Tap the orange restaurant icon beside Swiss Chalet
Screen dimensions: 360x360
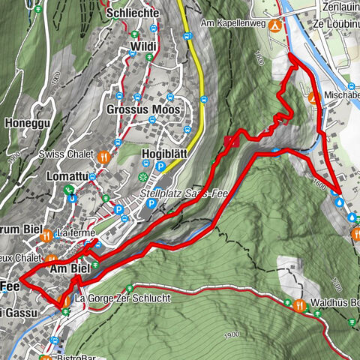click(x=103, y=156)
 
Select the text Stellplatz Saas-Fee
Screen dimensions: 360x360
click(x=184, y=192)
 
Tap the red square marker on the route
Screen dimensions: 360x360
click(x=231, y=140)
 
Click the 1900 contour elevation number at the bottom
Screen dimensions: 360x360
click(x=231, y=333)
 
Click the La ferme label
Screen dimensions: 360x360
click(x=73, y=233)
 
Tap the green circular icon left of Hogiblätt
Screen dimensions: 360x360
click(x=143, y=177)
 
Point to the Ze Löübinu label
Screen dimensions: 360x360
click(x=331, y=24)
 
